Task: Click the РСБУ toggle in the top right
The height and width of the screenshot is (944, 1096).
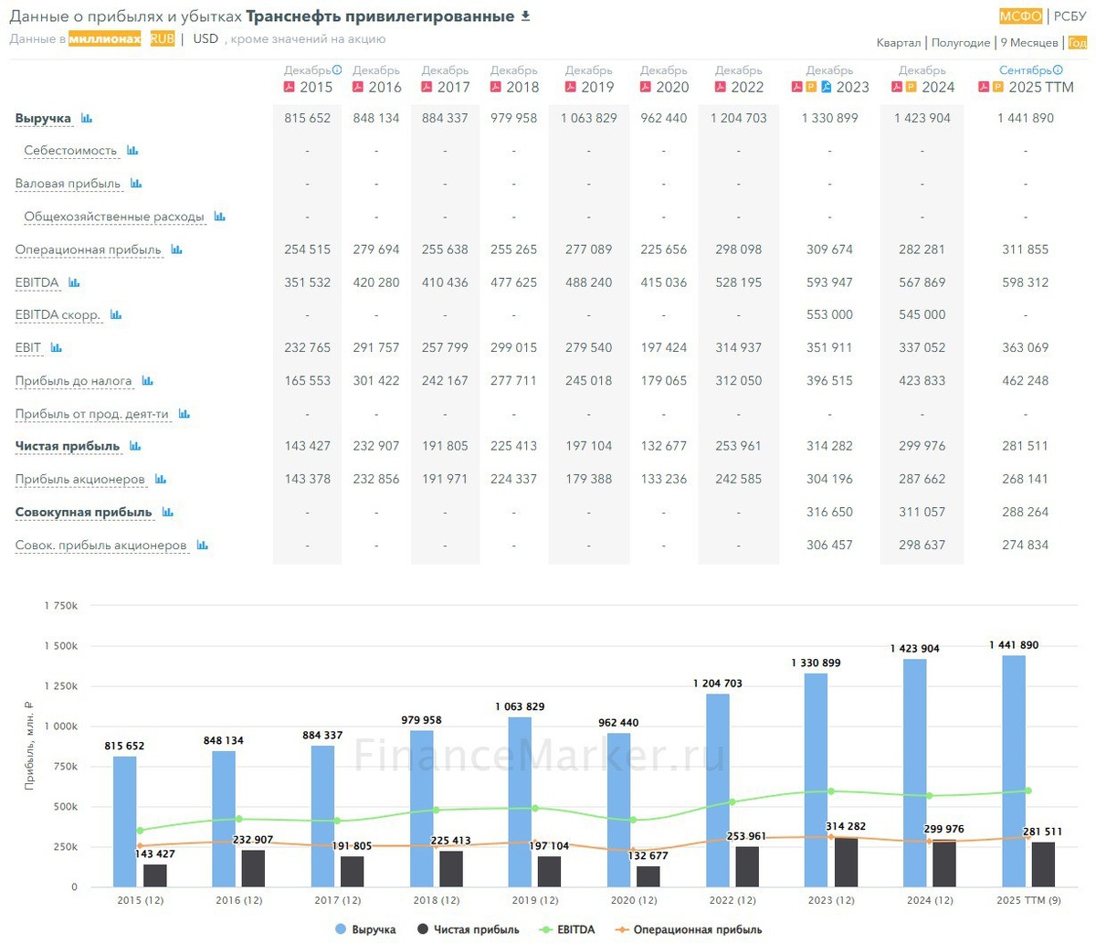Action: (x=1070, y=16)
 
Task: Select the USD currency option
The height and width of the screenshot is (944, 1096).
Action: (x=205, y=39)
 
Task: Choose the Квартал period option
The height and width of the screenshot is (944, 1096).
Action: (x=898, y=43)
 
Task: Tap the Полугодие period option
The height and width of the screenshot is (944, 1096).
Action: (x=961, y=43)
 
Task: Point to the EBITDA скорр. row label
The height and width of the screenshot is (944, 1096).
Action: (x=58, y=315)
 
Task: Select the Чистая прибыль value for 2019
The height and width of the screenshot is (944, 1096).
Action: (x=588, y=446)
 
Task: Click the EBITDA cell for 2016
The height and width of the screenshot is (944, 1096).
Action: (x=376, y=282)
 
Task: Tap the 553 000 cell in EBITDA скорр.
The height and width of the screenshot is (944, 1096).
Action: (x=829, y=315)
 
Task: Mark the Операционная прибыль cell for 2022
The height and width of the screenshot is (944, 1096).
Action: (x=739, y=249)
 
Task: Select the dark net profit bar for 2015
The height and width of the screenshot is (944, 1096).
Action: (x=155, y=875)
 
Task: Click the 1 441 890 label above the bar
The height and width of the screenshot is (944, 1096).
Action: (x=1013, y=645)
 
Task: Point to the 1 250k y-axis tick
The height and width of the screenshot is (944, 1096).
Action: (x=60, y=686)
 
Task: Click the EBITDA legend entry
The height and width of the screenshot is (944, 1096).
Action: (x=572, y=930)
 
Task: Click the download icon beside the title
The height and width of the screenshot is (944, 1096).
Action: (x=525, y=16)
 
